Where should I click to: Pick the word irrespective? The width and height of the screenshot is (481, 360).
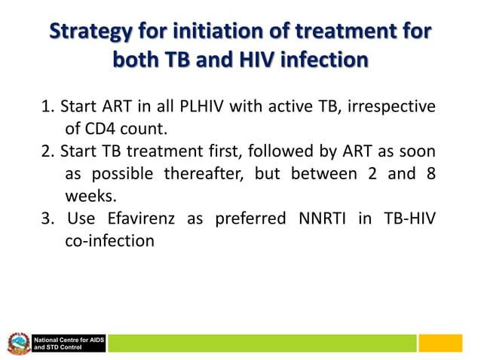(392, 106)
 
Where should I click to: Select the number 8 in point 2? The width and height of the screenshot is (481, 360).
(430, 174)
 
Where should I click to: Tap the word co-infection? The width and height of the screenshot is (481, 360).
(110, 242)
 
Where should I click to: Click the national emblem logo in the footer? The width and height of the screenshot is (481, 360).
(19, 345)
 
